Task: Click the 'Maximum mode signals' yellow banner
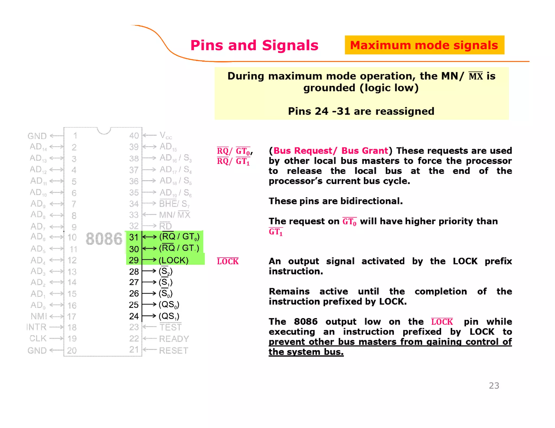click(424, 45)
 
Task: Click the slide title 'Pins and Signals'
click(254, 45)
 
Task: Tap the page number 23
click(494, 385)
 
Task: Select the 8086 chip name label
click(104, 239)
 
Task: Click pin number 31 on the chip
click(134, 237)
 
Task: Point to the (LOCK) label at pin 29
click(173, 260)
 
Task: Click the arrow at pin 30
click(149, 248)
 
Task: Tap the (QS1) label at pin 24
click(169, 316)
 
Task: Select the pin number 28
click(134, 271)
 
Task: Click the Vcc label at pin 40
click(166, 135)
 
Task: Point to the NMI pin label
click(39, 316)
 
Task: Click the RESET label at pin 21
click(173, 351)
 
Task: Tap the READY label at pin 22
click(174, 339)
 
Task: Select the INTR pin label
click(36, 327)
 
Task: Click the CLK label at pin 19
click(38, 338)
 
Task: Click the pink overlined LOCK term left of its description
click(228, 261)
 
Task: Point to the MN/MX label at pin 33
click(175, 215)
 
